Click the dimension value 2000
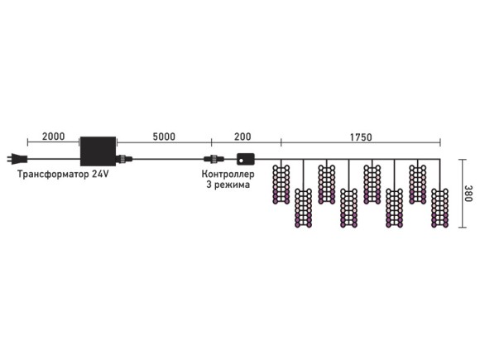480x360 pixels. click(x=53, y=137)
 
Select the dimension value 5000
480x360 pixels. click(x=164, y=137)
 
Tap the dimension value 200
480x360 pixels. click(x=242, y=137)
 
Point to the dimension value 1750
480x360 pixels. click(x=361, y=137)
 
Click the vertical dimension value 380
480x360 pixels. click(x=468, y=193)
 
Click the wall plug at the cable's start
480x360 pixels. click(x=17, y=159)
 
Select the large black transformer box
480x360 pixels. click(x=98, y=151)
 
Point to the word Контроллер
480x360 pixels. click(x=228, y=174)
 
